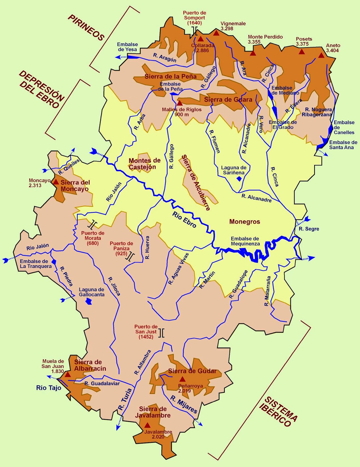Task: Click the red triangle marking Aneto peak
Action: point(321,55)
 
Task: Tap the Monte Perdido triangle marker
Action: point(253,53)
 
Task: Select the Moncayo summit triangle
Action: point(55,182)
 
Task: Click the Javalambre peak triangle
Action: point(147,425)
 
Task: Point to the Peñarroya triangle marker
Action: point(182,379)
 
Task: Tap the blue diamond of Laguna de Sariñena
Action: point(239,179)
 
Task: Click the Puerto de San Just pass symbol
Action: point(161,333)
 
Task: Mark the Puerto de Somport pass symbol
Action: point(195,31)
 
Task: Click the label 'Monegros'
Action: point(244,222)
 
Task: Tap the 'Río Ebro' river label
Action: point(184,219)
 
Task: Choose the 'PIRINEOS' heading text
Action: point(86,28)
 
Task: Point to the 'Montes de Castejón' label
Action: point(145,164)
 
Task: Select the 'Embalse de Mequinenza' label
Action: point(245,241)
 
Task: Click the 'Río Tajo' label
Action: point(49,388)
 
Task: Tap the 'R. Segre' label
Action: point(309,229)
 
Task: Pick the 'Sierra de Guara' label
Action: point(228,100)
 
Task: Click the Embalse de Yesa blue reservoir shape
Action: point(133,57)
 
